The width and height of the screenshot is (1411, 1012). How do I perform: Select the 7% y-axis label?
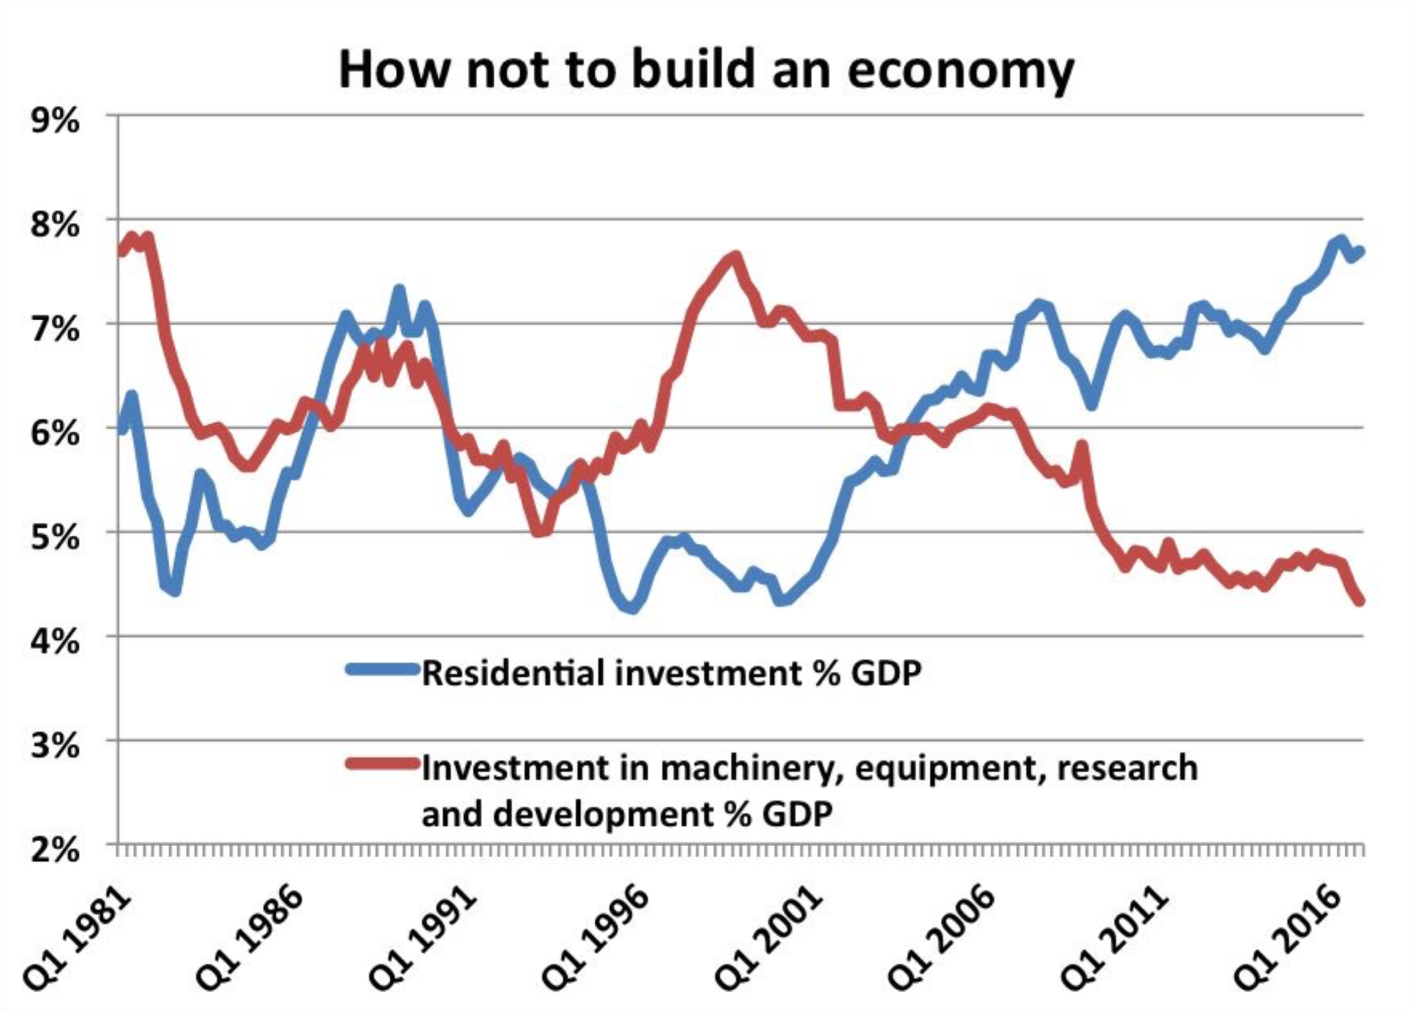(x=55, y=329)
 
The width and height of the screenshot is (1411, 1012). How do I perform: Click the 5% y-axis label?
(x=55, y=537)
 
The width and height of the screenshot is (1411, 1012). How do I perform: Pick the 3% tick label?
(x=55, y=745)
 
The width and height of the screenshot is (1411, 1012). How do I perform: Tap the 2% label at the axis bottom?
(x=55, y=849)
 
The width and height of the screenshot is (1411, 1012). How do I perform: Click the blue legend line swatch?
(x=383, y=669)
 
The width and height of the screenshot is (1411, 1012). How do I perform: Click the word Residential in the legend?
(x=514, y=673)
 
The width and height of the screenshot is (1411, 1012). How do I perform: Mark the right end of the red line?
(x=1360, y=601)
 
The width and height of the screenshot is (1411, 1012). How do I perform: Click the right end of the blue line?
(x=1360, y=251)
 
